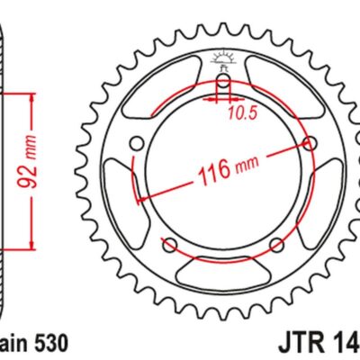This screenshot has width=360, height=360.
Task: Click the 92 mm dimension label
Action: tap(33, 166)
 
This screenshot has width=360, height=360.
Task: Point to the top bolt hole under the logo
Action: tap(224, 87)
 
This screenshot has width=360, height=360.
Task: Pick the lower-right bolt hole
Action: tap(278, 244)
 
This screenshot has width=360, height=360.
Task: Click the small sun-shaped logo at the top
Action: tap(224, 62)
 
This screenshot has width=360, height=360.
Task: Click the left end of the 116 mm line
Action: tap(138, 199)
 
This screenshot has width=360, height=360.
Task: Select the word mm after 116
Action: tap(243, 167)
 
